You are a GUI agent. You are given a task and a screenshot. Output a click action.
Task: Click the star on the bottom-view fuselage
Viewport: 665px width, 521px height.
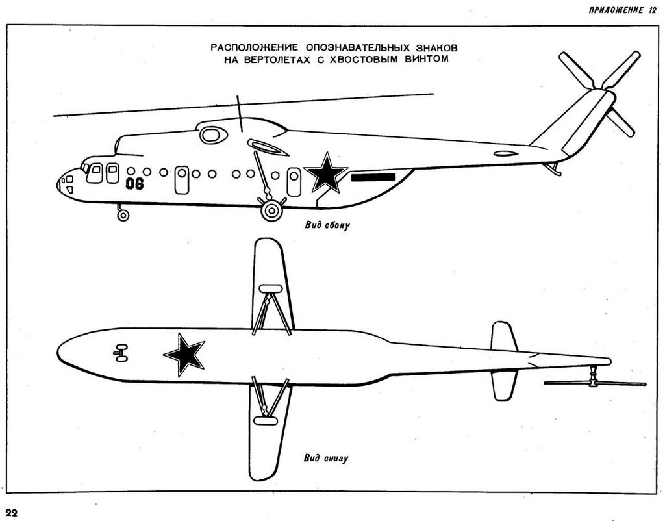click(x=185, y=354)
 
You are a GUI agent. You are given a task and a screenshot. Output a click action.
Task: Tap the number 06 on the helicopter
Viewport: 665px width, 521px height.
click(x=134, y=184)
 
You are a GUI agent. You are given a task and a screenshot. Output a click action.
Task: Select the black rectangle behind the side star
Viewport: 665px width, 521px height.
click(x=373, y=177)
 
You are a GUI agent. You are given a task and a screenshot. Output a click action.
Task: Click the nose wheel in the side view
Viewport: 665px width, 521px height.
click(x=123, y=215)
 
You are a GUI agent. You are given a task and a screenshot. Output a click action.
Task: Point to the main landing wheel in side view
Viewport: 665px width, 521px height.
click(x=271, y=210)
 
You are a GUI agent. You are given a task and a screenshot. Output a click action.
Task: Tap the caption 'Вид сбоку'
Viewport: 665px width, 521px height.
click(x=327, y=227)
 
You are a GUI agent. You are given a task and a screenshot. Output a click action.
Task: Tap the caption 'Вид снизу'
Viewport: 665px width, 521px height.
click(x=326, y=458)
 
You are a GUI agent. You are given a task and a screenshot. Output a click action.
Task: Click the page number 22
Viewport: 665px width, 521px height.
click(x=12, y=513)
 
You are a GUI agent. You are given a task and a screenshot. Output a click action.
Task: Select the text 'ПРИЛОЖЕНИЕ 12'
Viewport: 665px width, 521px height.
click(x=622, y=10)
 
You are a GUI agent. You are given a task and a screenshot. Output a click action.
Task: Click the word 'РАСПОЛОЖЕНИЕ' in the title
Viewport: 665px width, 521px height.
click(x=254, y=48)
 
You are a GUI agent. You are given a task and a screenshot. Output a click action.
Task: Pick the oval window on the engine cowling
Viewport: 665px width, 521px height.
click(x=212, y=135)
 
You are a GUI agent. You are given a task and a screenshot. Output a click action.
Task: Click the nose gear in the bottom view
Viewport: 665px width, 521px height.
click(x=120, y=353)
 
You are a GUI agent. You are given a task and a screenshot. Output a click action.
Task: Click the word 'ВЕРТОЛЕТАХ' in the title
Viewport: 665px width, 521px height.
click(x=280, y=58)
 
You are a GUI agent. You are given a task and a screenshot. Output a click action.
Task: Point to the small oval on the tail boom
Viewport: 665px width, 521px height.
click(x=505, y=154)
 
